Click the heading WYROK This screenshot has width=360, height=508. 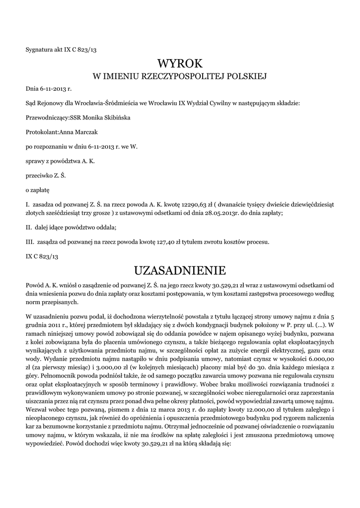pos(180,63)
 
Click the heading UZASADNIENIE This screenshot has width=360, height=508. pos(180,270)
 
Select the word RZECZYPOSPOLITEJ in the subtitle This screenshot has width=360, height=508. pos(180,77)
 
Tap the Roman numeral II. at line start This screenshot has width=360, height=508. pos(29,227)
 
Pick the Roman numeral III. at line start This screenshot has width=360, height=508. pos(30,242)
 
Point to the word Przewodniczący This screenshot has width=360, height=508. pos(46,118)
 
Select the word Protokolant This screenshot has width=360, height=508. pos(42,132)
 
